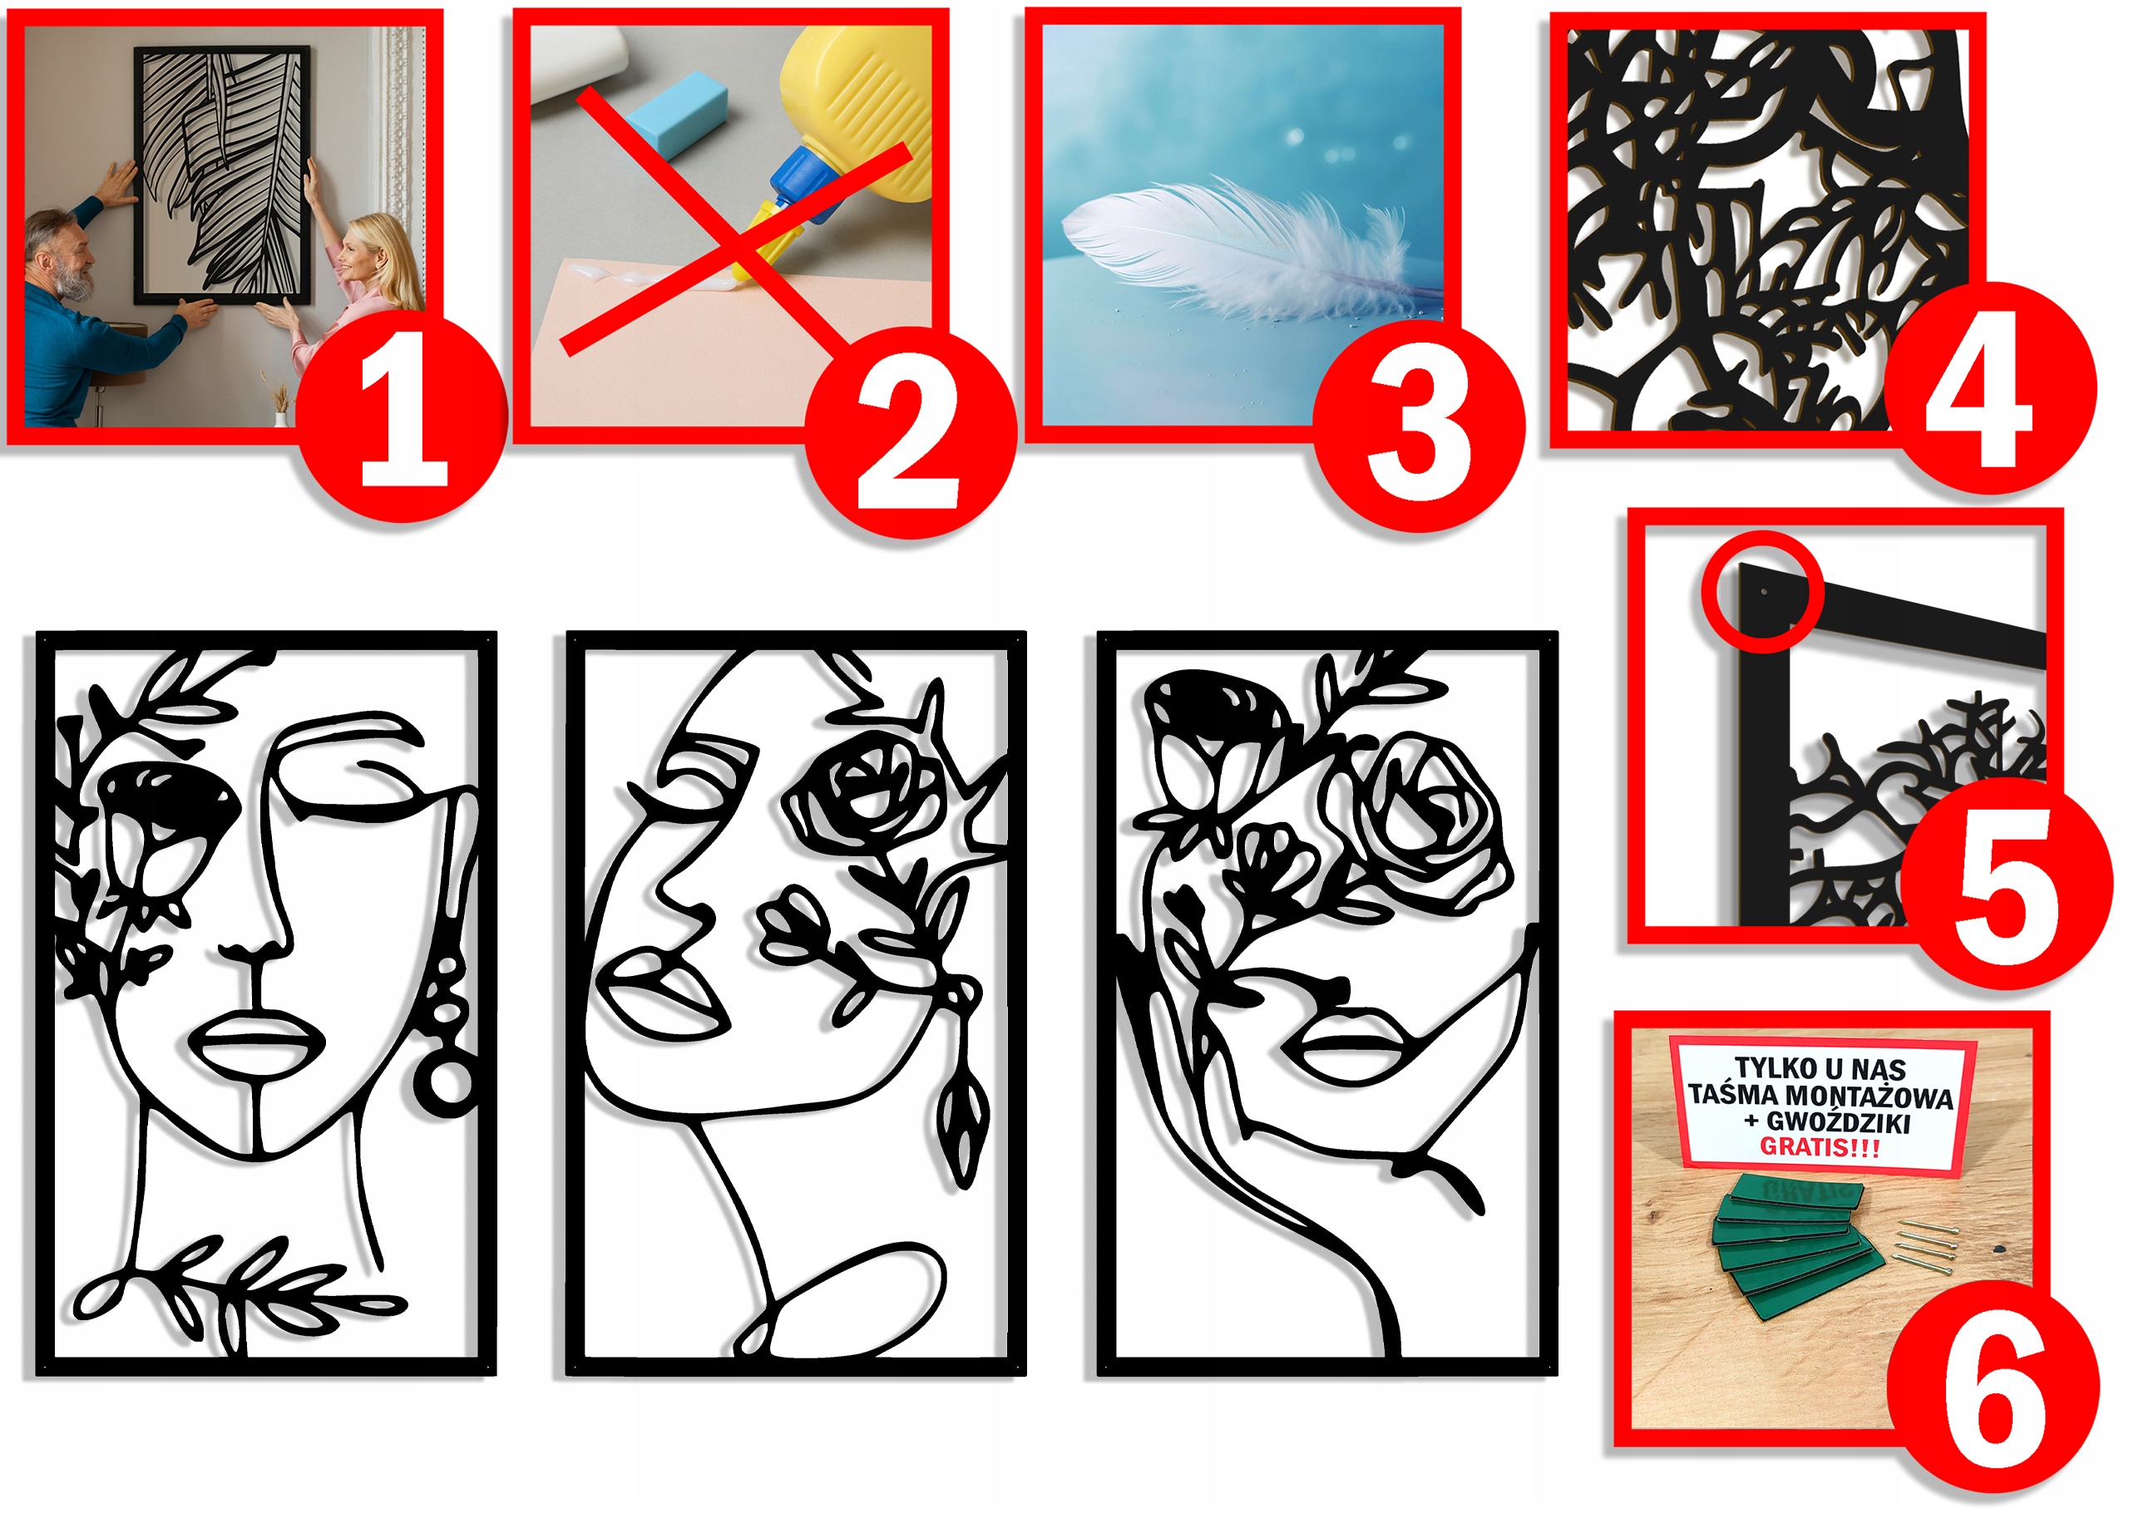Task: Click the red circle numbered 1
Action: [x=403, y=417]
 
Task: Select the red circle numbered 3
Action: [x=1418, y=426]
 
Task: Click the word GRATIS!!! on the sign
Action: [x=1819, y=1147]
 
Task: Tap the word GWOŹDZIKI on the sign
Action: [x=1837, y=1121]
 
